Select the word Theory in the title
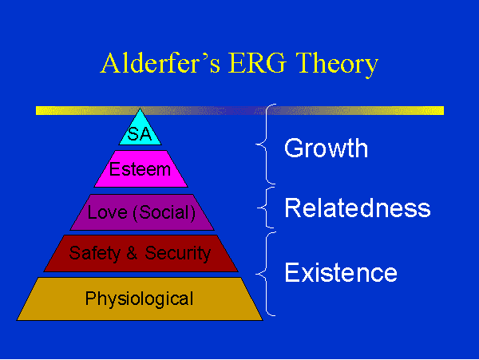point(337,64)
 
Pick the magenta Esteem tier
point(141,169)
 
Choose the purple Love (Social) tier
point(142,212)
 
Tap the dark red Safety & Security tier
point(141,253)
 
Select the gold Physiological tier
point(140,299)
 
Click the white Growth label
point(326,148)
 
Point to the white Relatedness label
point(358,208)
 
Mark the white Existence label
point(341,272)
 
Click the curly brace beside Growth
point(267,144)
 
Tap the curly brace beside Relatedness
point(266,208)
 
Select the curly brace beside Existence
point(267,274)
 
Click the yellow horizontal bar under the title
point(239,110)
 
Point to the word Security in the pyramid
point(178,253)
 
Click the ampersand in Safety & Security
point(132,253)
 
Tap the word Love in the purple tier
point(107,212)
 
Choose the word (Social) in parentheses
point(164,213)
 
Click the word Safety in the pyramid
point(95,253)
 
